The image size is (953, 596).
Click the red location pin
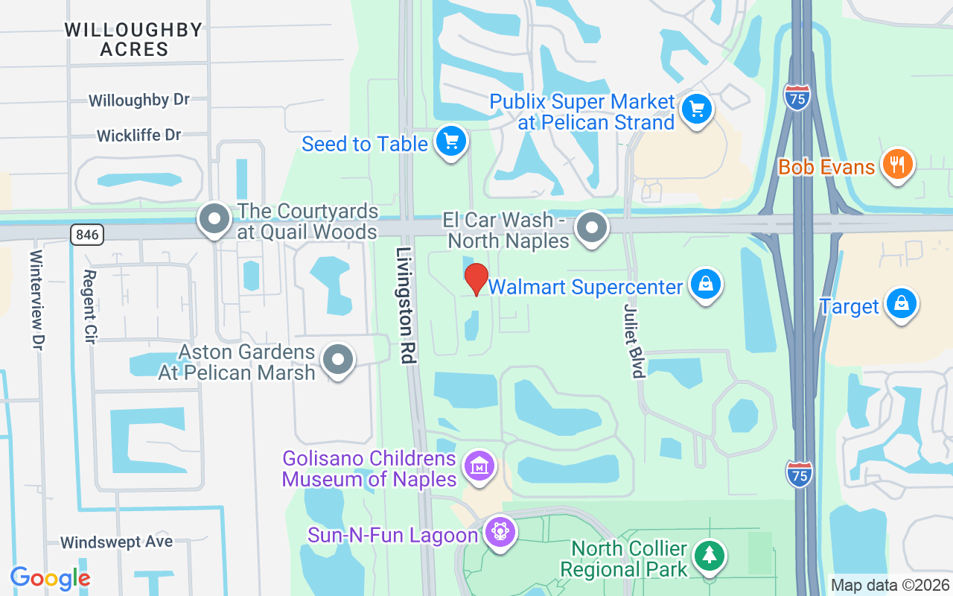pyautogui.click(x=476, y=279)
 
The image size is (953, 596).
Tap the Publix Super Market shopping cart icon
pyautogui.click(x=696, y=110)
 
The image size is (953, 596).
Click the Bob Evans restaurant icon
pyautogui.click(x=899, y=164)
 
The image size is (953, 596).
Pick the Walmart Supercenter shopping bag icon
pyautogui.click(x=705, y=285)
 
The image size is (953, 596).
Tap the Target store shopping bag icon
pyautogui.click(x=902, y=304)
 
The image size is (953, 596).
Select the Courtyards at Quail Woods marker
pyautogui.click(x=215, y=220)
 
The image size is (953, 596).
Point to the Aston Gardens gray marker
pyautogui.click(x=339, y=360)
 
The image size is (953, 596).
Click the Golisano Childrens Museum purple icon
pyautogui.click(x=479, y=466)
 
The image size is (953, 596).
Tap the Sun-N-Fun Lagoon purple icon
pyautogui.click(x=500, y=532)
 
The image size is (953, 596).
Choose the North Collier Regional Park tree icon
pyautogui.click(x=710, y=556)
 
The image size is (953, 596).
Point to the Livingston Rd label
pyautogui.click(x=406, y=305)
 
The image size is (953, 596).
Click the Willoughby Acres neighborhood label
pyautogui.click(x=133, y=39)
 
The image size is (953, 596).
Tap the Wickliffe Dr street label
pyautogui.click(x=139, y=136)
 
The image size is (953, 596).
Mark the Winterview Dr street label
pyautogui.click(x=37, y=299)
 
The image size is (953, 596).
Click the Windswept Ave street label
pyautogui.click(x=117, y=542)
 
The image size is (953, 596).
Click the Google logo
pyautogui.click(x=50, y=578)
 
